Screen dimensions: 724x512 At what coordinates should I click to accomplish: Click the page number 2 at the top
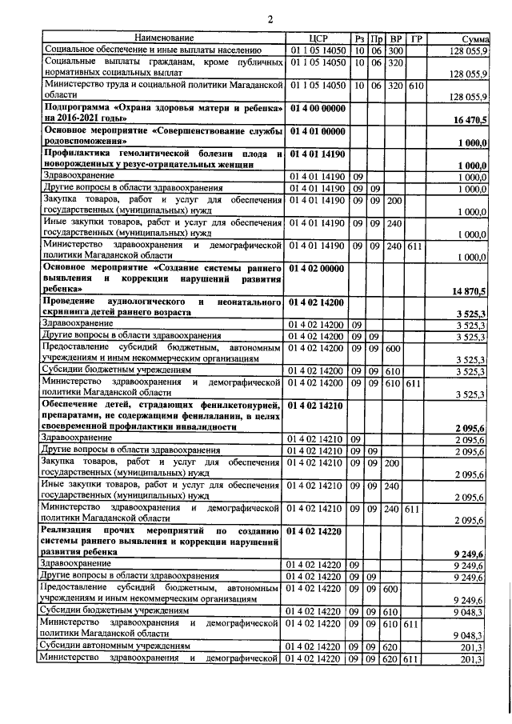270,19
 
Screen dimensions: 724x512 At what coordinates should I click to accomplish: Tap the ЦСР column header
318,38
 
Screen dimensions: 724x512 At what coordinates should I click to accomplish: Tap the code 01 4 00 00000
318,107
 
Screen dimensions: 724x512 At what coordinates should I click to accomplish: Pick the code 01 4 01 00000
318,130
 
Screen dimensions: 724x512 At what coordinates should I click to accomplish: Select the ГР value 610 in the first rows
415,85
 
